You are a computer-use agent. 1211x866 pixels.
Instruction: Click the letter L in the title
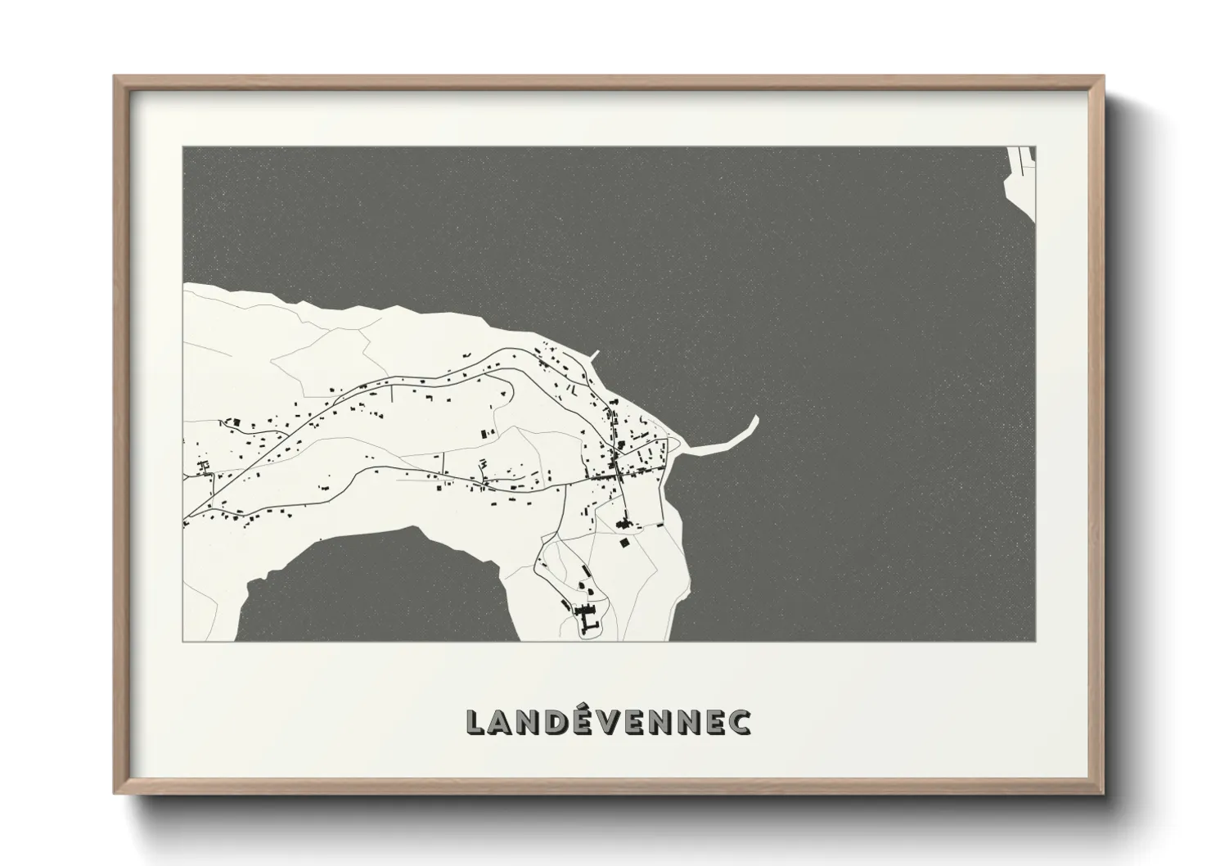(477, 721)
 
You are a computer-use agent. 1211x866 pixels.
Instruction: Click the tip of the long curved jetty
(755, 419)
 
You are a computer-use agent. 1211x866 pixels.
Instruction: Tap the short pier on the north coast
(594, 355)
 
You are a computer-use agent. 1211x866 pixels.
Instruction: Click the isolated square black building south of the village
(625, 542)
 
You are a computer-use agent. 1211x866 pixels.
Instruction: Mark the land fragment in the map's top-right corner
(1023, 176)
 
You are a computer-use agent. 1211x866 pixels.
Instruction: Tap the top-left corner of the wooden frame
(115, 78)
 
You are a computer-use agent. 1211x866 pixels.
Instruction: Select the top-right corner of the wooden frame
(1102, 78)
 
